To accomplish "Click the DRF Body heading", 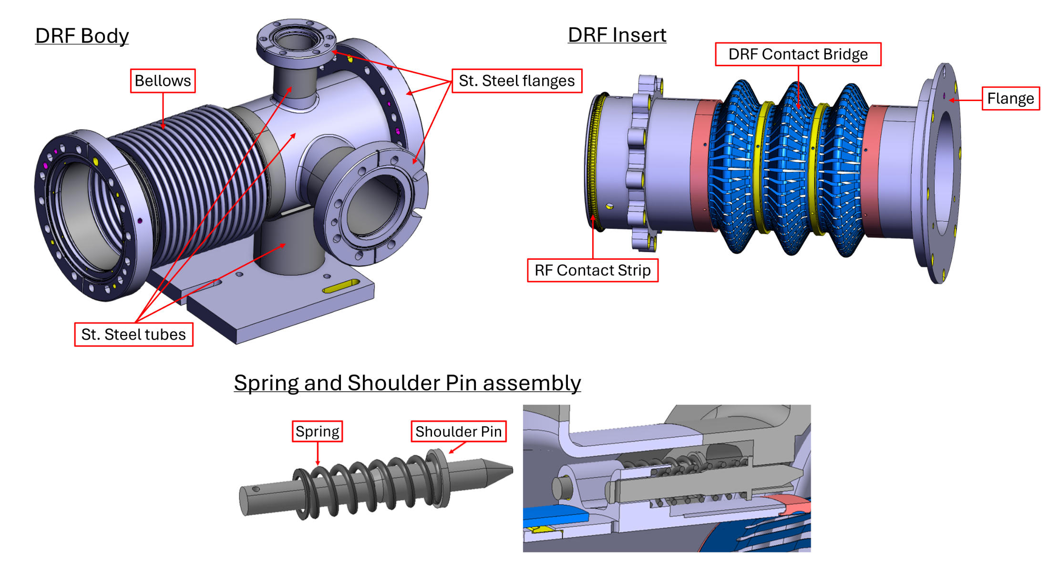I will (82, 36).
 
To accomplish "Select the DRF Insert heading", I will (617, 35).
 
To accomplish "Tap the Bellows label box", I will (163, 81).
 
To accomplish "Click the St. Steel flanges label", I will (516, 81).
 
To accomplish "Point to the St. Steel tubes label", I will (134, 334).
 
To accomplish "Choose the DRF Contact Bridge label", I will (798, 54).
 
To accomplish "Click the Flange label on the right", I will (1010, 99).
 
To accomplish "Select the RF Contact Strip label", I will (592, 270).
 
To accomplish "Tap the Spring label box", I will (317, 431).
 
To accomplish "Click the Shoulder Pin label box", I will (458, 431).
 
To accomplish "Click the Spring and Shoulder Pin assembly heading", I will (407, 383).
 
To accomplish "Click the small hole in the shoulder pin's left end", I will (256, 489).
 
